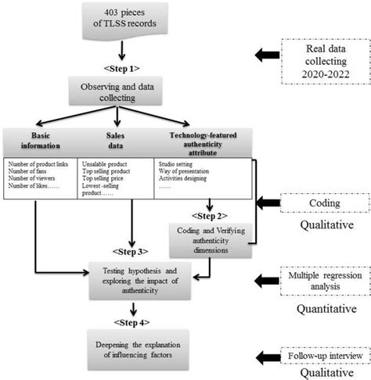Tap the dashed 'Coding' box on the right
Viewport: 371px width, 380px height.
click(323, 203)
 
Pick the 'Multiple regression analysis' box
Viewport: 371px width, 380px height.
click(323, 279)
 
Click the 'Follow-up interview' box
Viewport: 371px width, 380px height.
click(322, 333)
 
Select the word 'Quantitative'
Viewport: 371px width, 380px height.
click(323, 308)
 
